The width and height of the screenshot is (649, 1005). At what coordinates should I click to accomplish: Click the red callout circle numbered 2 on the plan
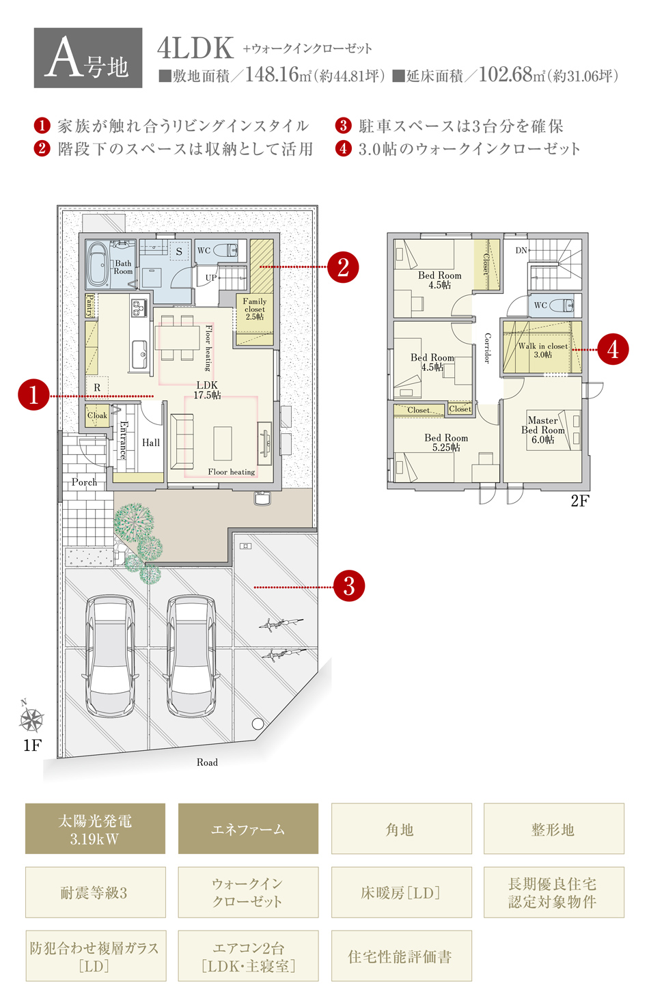[343, 267]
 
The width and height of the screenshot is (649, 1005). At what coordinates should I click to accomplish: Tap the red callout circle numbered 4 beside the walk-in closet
[613, 350]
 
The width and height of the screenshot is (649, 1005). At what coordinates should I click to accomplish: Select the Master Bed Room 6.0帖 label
[542, 430]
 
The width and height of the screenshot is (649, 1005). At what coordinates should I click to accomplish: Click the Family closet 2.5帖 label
[254, 309]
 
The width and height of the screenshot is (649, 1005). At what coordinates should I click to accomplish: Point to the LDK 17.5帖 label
[207, 390]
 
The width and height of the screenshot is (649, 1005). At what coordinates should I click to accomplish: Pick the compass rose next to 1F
[31, 721]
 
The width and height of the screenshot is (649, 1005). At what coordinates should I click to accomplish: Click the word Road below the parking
[207, 762]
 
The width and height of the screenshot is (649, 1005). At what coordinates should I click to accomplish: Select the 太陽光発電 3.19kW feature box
[95, 829]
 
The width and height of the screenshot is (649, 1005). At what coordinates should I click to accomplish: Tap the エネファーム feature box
[248, 829]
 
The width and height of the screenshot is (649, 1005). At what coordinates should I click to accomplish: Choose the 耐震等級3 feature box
[95, 892]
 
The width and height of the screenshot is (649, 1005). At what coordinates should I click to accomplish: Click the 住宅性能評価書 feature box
[402, 956]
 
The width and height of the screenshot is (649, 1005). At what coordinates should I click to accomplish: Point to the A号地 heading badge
[88, 58]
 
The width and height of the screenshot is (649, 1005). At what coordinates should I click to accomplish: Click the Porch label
[84, 482]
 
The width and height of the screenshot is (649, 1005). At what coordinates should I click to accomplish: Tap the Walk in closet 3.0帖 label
[542, 350]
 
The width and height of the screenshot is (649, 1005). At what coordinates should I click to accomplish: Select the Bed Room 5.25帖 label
[446, 443]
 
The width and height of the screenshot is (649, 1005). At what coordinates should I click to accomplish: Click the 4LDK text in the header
[195, 49]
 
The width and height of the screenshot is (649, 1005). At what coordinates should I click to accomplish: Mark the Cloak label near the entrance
[97, 415]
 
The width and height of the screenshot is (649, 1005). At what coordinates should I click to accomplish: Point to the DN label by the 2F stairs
[521, 250]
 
